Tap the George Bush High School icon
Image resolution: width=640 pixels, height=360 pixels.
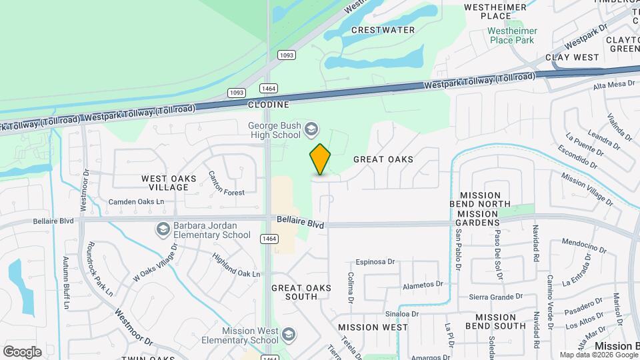click(311, 129)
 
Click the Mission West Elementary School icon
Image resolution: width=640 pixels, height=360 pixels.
click(289, 334)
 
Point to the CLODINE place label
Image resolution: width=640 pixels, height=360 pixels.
click(269, 105)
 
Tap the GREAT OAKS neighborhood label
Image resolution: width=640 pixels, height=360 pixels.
click(383, 159)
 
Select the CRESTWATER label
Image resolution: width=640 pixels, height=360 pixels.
click(383, 30)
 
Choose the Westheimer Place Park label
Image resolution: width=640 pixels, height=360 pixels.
click(511, 35)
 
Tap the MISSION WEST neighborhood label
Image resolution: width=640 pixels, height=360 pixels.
click(373, 327)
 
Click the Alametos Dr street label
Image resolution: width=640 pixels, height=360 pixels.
click(423, 284)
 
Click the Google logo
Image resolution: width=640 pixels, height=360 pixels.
click(22, 351)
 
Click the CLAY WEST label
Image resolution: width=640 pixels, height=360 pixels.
click(573, 57)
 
